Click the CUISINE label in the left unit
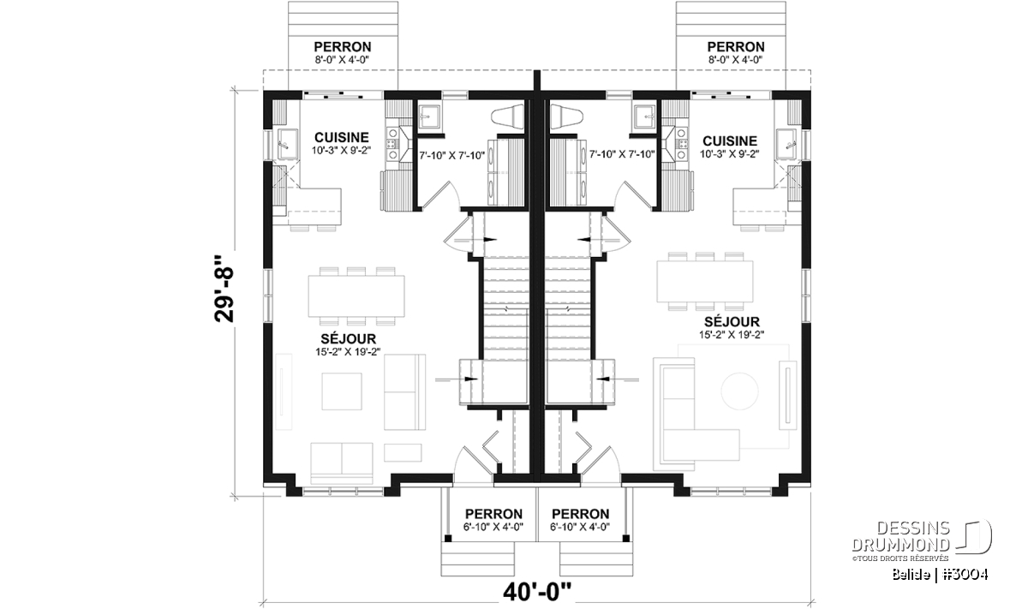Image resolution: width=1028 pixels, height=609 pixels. click(x=342, y=137)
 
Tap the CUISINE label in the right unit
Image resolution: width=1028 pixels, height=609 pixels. click(x=729, y=140)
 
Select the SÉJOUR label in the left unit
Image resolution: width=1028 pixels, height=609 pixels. click(x=348, y=338)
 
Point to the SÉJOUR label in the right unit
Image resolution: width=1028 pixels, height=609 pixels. click(x=732, y=322)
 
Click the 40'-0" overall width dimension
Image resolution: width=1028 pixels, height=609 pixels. click(x=537, y=592)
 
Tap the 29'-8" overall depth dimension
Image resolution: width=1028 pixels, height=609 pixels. click(x=224, y=289)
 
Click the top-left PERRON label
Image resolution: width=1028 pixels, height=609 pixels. click(x=343, y=47)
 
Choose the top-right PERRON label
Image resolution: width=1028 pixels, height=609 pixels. click(x=736, y=47)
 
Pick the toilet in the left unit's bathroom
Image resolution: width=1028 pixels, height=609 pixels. click(x=507, y=116)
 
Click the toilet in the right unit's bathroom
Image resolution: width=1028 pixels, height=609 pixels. click(x=567, y=116)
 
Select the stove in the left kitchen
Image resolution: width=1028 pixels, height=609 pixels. click(x=393, y=144)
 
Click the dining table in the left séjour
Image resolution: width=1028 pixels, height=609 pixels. click(x=356, y=296)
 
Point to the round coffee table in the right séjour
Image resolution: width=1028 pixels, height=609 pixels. click(x=739, y=391)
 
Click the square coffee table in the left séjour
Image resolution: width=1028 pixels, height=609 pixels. click(x=342, y=391)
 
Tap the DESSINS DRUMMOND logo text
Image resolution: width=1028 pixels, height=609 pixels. click(x=900, y=536)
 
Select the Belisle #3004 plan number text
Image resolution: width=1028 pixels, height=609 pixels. click(x=940, y=574)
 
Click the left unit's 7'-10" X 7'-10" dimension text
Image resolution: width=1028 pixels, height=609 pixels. click(x=452, y=156)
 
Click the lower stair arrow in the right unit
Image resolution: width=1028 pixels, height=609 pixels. click(x=618, y=379)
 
